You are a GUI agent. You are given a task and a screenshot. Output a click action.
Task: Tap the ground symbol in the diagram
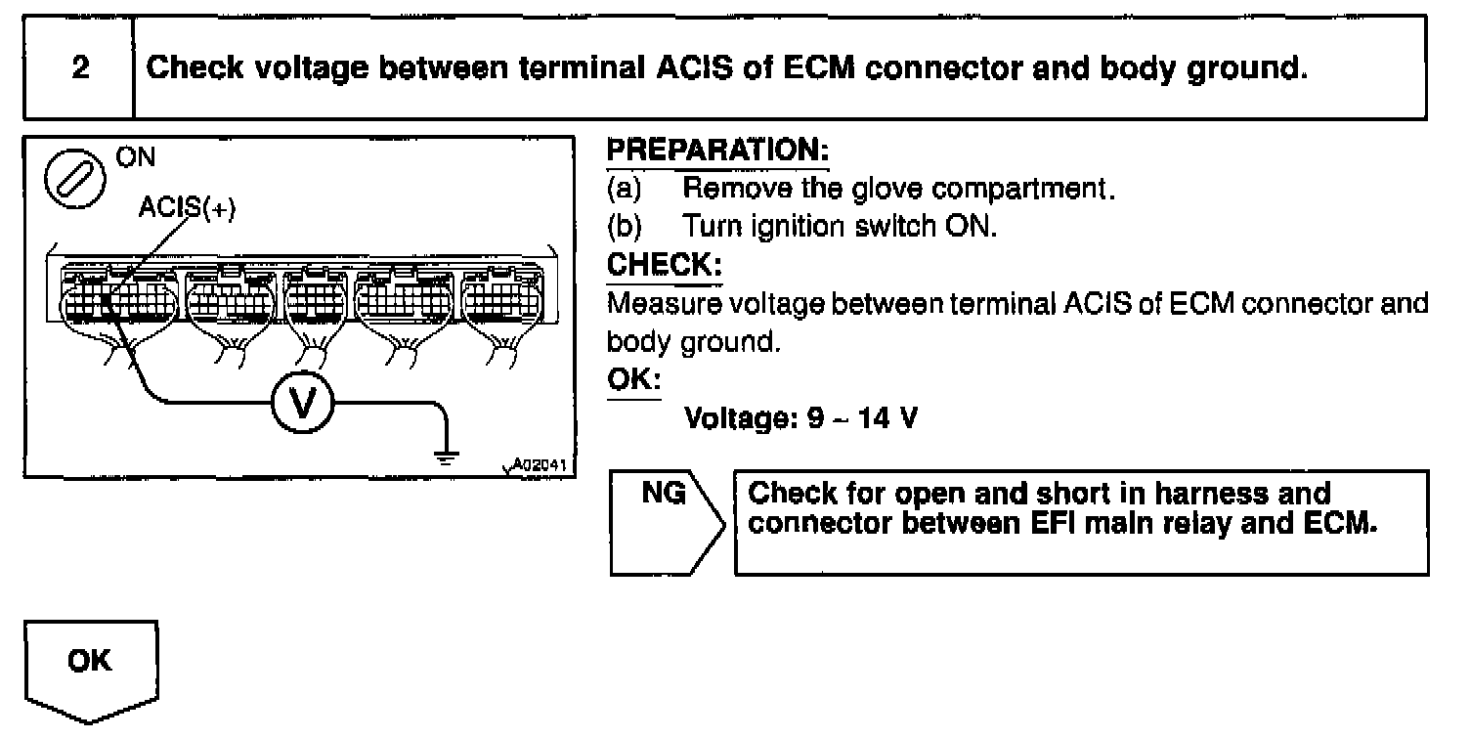tap(445, 455)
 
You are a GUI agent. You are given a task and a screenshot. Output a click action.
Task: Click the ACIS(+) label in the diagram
tap(188, 210)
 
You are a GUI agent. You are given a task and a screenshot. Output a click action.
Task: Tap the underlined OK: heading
tap(633, 379)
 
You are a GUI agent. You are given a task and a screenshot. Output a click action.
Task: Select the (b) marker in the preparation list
tap(625, 226)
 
